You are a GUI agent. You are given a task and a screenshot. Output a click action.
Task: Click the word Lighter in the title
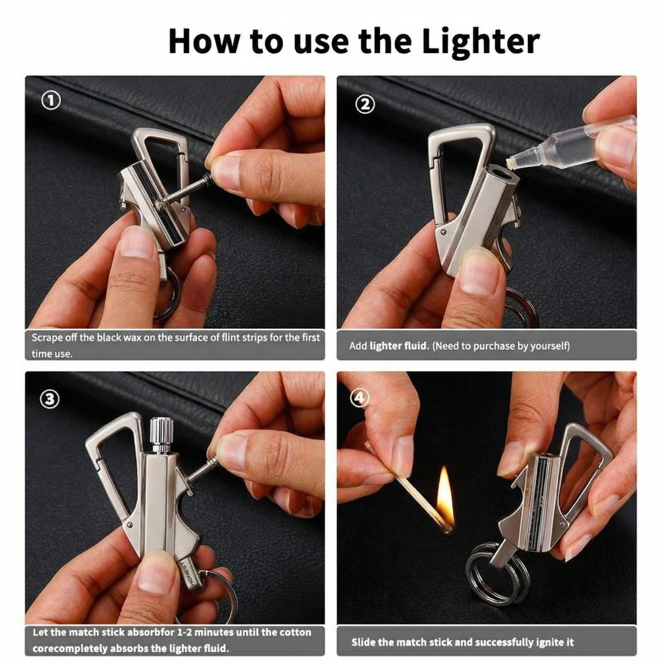point(480,42)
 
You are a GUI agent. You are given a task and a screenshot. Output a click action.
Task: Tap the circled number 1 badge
point(50,101)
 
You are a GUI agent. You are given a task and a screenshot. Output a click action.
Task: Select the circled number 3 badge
point(51,399)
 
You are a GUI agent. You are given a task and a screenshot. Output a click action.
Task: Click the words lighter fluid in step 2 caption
point(399,346)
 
